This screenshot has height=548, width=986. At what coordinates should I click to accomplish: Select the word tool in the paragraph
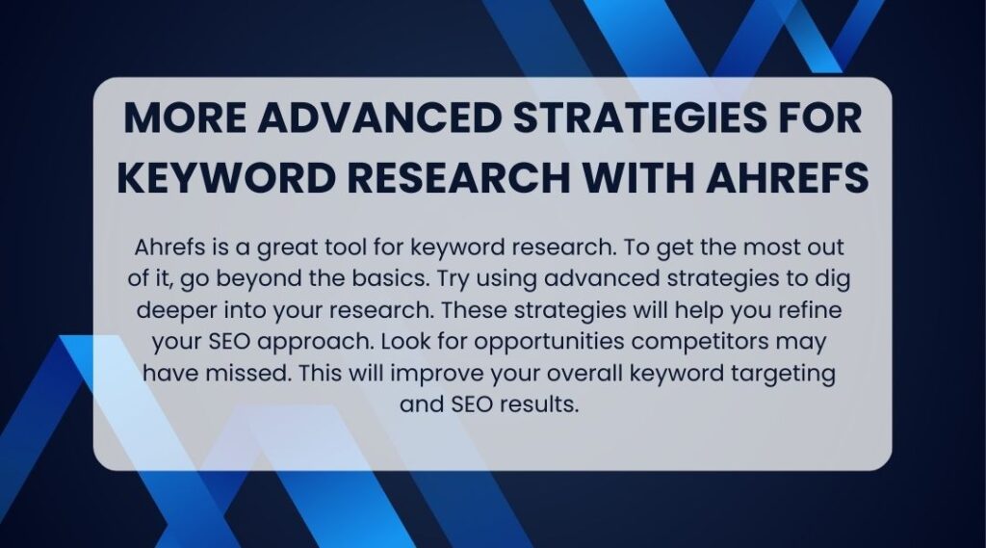pyautogui.click(x=346, y=248)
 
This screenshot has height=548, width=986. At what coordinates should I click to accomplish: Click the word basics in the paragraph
pyautogui.click(x=390, y=278)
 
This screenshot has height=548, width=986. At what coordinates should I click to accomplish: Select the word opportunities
pyautogui.click(x=549, y=343)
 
